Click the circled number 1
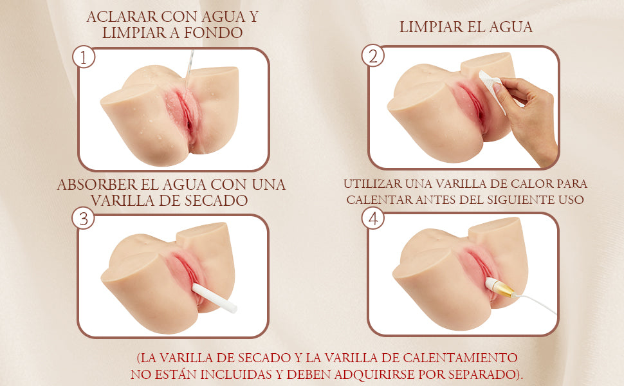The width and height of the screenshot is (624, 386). click(84, 57)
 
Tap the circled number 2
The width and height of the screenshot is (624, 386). click(373, 56)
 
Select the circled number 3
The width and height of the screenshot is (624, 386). click(84, 219)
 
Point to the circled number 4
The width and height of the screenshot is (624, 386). click(373, 219)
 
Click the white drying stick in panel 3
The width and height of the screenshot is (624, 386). click(214, 298)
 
